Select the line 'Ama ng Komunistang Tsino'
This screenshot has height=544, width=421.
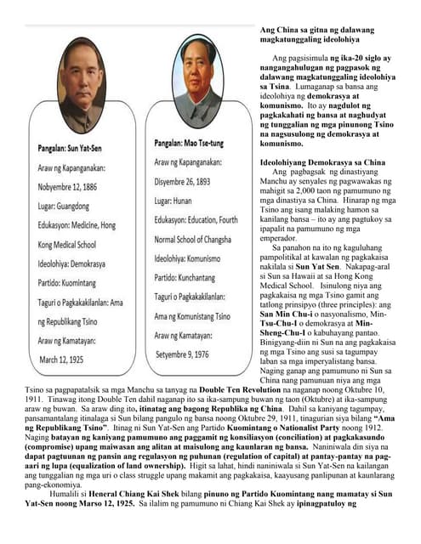[x=192, y=316]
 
